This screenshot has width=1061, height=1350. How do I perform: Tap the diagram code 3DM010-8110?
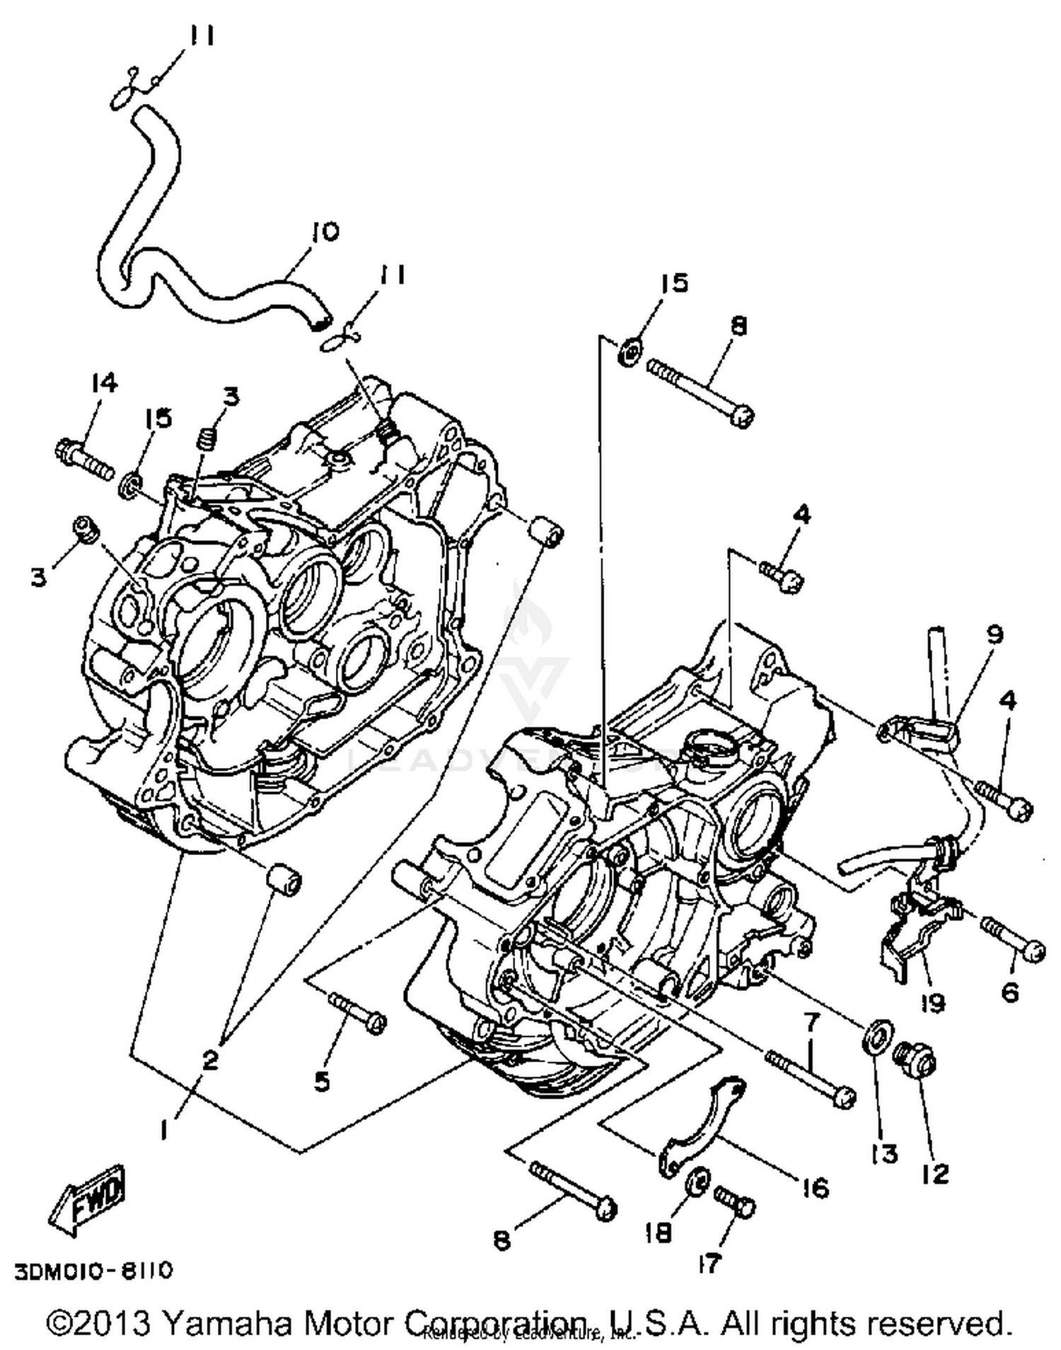pos(93,1271)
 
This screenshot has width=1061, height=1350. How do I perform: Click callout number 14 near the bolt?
pos(103,384)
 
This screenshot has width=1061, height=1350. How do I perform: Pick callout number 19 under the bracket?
pos(933,1003)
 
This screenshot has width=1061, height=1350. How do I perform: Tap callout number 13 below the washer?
pos(885,1153)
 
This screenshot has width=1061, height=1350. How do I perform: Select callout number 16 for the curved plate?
pos(816,1188)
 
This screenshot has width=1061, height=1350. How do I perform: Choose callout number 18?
pos(658,1233)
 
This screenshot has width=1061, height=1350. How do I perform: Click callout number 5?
pos(322,1081)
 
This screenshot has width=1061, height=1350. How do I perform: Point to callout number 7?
pos(811,1021)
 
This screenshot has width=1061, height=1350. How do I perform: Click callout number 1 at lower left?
pos(164,1131)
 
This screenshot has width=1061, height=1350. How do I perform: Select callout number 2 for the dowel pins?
pos(210,1059)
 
